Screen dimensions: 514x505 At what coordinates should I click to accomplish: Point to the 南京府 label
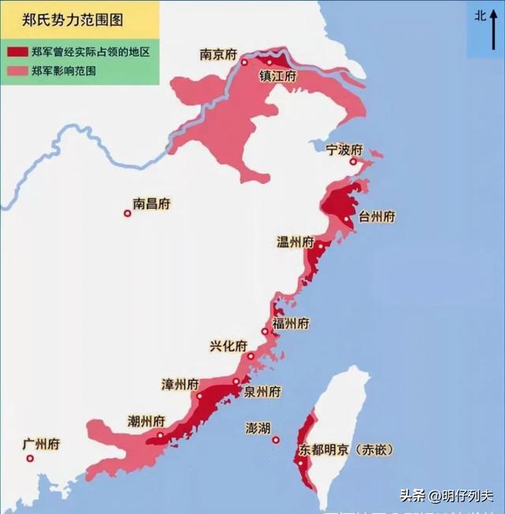pos(218,54)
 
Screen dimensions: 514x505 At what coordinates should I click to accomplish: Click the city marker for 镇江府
pos(270,61)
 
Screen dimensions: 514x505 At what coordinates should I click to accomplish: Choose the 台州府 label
pos(376,217)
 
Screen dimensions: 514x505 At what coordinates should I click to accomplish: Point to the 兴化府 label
pos(228,346)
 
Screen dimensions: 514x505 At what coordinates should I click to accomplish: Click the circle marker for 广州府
pos(30,458)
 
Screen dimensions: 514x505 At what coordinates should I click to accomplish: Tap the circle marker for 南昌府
pos(127,213)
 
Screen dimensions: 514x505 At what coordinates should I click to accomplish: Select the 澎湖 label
pos(258,428)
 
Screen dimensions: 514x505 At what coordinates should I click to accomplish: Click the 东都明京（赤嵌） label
pos(346,450)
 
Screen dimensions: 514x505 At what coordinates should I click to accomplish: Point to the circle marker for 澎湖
pos(276,440)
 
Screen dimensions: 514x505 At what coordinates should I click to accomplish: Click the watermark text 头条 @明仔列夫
pos(446,496)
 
